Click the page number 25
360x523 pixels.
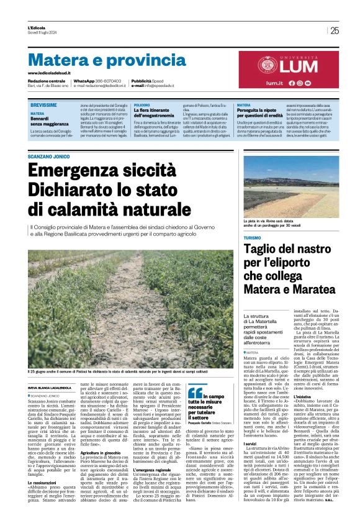tap(335, 30)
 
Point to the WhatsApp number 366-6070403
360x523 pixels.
tap(107, 81)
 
